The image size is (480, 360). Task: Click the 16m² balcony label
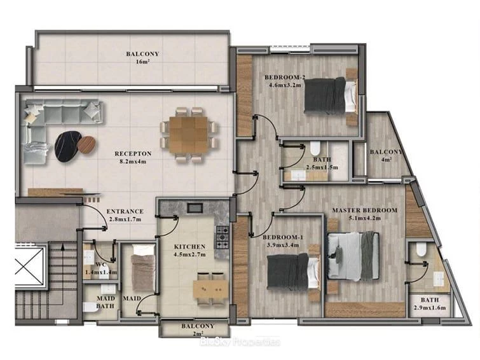click(x=142, y=58)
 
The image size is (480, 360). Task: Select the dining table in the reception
click(x=188, y=135)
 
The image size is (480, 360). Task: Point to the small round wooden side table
click(x=86, y=144)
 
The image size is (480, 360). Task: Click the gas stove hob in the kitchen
click(x=223, y=237)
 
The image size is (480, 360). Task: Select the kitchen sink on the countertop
click(x=195, y=208)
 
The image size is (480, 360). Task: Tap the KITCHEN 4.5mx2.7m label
click(x=189, y=251)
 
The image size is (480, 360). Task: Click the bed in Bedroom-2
click(x=331, y=95)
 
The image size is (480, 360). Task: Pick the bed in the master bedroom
click(x=353, y=256)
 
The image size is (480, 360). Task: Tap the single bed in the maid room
click(x=142, y=268)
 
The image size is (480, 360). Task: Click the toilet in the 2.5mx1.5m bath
click(x=315, y=148)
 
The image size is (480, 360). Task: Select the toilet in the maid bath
click(x=91, y=307)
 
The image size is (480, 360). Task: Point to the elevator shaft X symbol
click(x=29, y=266)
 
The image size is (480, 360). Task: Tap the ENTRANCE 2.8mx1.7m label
click(x=125, y=215)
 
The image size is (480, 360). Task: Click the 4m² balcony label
click(x=386, y=155)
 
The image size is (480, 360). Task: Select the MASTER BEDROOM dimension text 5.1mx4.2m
click(x=364, y=218)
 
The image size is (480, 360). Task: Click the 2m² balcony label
click(x=198, y=329)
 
